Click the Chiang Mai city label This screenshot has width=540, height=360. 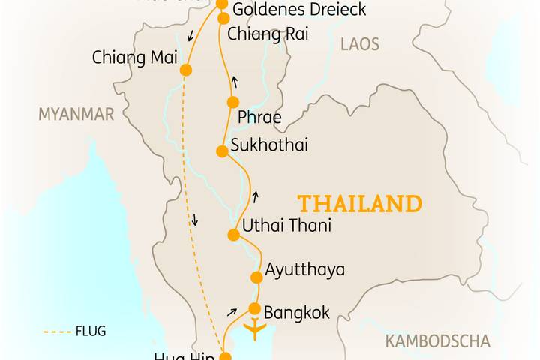point(129,57)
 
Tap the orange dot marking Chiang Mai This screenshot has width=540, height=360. point(185,70)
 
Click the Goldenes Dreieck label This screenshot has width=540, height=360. point(288,10)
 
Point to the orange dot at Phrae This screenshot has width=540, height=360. point(232,102)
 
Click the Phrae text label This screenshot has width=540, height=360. point(259,118)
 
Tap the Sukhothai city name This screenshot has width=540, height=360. point(269,145)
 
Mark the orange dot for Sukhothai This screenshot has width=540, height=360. point(222,151)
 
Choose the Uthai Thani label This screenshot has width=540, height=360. point(286,226)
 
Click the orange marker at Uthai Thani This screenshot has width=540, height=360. point(233,235)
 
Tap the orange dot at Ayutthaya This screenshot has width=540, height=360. point(256,277)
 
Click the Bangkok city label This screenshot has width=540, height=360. point(297,312)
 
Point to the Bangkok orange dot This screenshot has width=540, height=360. point(254,308)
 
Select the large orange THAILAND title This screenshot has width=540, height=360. point(360,204)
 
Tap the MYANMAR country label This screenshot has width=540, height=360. point(76,114)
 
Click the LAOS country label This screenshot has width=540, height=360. point(360,44)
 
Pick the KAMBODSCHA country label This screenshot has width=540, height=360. point(438,342)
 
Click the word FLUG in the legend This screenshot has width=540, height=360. point(91,331)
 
